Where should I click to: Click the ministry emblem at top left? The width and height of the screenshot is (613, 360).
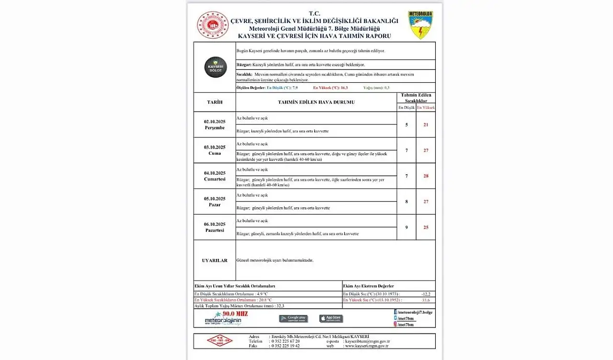[213, 25]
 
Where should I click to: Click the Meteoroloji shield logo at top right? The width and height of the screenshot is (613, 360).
[420, 25]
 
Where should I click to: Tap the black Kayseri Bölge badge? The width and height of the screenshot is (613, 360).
[216, 67]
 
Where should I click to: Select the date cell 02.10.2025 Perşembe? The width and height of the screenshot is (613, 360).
[215, 124]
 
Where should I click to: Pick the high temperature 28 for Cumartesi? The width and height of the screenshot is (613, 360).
[426, 176]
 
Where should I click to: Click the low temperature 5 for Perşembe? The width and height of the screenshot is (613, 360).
[407, 125]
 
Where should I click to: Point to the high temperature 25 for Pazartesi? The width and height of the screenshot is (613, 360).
[426, 227]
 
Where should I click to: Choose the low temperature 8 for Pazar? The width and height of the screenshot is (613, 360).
[407, 202]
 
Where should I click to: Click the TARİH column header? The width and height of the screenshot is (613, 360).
[215, 102]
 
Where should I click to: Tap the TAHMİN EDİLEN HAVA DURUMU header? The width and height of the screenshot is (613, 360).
[316, 102]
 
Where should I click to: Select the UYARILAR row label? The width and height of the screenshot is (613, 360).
[215, 260]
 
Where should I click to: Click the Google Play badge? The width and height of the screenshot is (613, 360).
[294, 318]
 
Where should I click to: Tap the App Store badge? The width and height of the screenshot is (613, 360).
[331, 318]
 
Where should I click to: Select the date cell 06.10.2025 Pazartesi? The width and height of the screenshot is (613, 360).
[215, 227]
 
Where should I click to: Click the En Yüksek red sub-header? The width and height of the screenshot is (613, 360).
[426, 108]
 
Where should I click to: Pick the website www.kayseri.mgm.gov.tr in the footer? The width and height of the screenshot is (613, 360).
[366, 346]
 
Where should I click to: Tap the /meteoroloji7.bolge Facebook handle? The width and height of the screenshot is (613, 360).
[414, 312]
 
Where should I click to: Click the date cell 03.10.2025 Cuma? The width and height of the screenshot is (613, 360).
[215, 150]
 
